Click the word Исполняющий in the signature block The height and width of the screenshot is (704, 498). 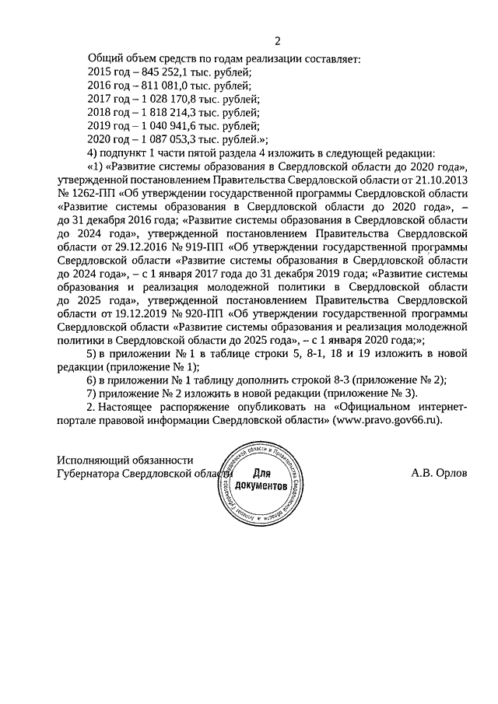pyautogui.click(x=89, y=461)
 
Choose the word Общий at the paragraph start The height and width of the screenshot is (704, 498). pyautogui.click(x=103, y=57)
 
